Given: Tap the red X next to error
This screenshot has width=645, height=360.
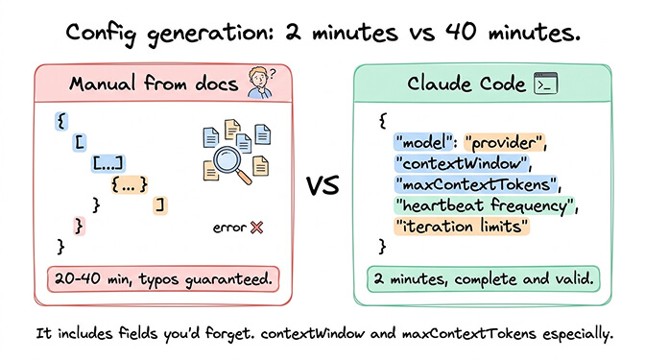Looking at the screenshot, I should tap(256, 228).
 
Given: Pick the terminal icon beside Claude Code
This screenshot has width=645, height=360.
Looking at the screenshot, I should tap(547, 84).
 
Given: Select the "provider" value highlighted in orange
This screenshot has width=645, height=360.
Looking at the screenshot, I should tap(506, 143).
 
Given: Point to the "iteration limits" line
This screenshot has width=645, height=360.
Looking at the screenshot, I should tap(462, 226).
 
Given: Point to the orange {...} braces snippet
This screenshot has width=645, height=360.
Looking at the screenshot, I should tap(129, 183).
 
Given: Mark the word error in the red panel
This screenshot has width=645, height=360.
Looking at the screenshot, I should tap(228, 228).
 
